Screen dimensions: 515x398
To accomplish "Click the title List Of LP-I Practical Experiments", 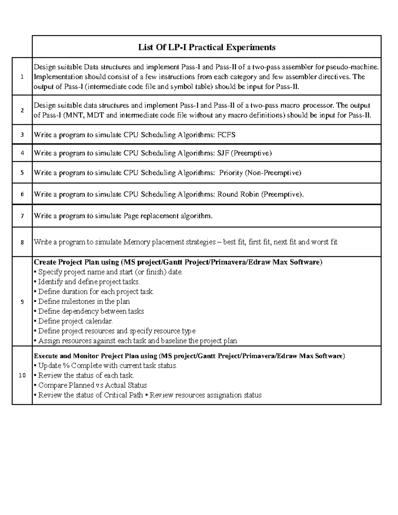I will (x=207, y=47).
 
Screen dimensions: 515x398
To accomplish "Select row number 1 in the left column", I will (x=22, y=77).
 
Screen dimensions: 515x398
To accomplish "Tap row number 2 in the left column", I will (x=22, y=110).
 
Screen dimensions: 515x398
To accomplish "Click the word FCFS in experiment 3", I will (x=226, y=135).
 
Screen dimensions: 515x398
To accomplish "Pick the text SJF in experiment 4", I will (x=223, y=153).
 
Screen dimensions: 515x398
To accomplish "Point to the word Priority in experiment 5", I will (x=231, y=173).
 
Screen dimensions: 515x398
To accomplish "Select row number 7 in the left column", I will (x=22, y=216).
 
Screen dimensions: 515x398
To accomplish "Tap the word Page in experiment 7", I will (x=131, y=216).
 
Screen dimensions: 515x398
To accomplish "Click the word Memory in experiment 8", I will (x=136, y=242).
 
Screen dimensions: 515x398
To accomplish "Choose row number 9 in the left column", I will (x=22, y=302).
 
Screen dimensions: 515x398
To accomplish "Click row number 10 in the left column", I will (x=22, y=376).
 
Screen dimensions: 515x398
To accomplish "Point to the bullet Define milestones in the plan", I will (x=84, y=301).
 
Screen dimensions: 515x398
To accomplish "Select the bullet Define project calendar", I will (x=75, y=321).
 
